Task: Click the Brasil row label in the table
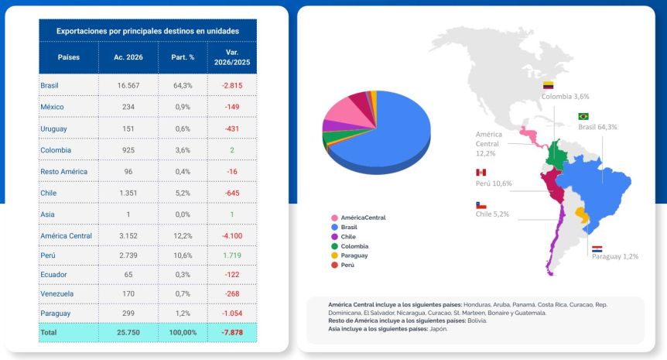tap(50, 85)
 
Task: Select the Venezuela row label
tap(56, 294)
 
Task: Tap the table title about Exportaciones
tap(147, 31)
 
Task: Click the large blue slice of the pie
tap(395, 135)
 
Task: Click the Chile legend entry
tap(349, 237)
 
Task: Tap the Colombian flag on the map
tap(548, 85)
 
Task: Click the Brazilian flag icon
tap(583, 116)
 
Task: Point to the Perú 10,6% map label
tap(494, 183)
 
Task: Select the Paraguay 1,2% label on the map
tap(614, 256)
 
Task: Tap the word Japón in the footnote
tap(436, 329)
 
